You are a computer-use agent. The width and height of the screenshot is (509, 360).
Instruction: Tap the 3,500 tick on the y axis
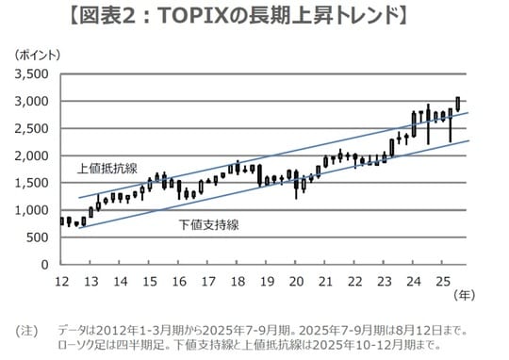[33, 74]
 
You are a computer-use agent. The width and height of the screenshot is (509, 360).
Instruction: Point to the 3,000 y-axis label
[33, 101]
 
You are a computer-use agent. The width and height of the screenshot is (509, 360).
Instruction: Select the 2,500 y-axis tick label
[33, 128]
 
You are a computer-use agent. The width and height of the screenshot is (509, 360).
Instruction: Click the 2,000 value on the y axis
[33, 155]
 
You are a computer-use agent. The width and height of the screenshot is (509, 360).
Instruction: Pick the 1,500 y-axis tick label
[33, 183]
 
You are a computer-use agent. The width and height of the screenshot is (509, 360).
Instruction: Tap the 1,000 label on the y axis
[33, 210]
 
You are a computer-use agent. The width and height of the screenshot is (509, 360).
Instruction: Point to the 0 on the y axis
[47, 265]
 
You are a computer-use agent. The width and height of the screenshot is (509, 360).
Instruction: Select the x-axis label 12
[62, 281]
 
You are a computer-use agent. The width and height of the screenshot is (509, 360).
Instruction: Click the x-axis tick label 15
[150, 281]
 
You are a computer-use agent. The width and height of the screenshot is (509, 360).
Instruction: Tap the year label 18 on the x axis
[238, 281]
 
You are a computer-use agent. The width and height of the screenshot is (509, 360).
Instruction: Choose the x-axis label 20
[296, 281]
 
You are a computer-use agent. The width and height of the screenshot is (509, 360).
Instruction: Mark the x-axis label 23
[384, 281]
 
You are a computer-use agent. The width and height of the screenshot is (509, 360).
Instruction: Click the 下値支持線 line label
[208, 226]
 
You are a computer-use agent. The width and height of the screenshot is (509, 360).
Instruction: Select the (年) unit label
[464, 295]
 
